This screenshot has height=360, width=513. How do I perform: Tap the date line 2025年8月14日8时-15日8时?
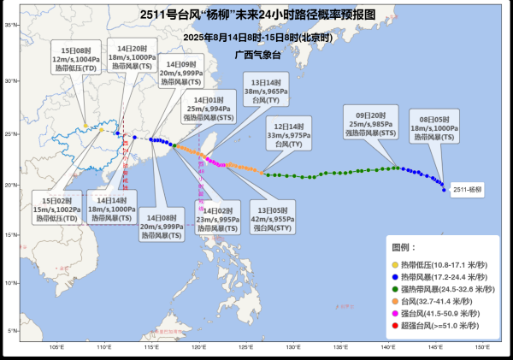tap(256, 38)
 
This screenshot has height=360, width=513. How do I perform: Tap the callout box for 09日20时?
tap(369, 122)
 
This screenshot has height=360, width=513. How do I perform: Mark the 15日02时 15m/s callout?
tap(56, 205)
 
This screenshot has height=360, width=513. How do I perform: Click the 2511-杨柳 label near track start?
tap(468, 190)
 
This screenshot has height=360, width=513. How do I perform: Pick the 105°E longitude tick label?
tap(57, 346)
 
